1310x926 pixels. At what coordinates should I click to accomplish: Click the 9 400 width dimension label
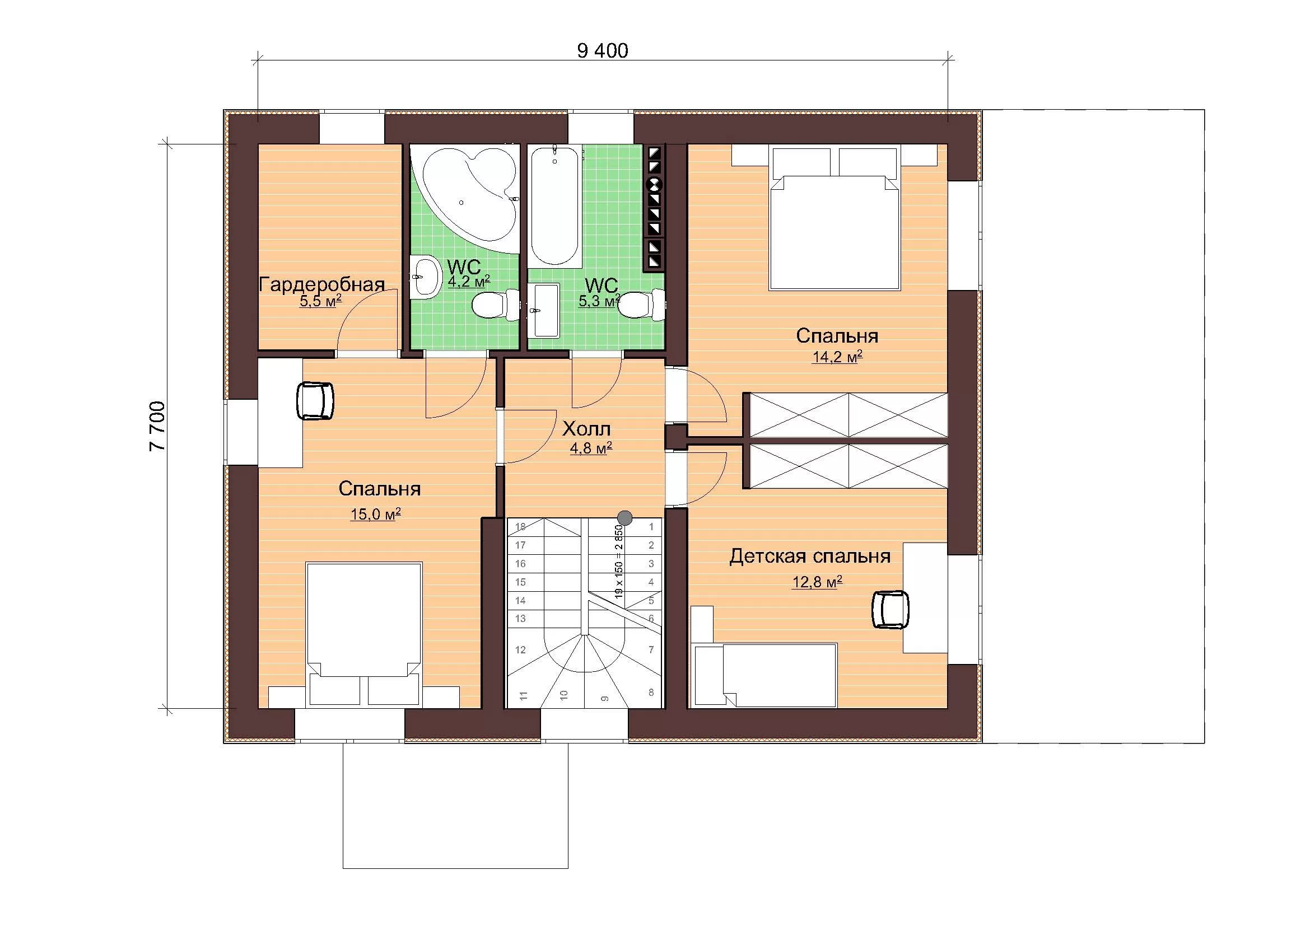coord(603,51)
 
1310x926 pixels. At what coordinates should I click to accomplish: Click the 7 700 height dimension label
coord(157,427)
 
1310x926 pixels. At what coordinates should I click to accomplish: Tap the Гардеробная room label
coord(322,284)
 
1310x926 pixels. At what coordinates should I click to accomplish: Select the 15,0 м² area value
coord(375,515)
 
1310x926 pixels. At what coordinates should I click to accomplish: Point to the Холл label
coord(586,428)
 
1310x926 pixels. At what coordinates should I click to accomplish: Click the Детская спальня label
coord(810,556)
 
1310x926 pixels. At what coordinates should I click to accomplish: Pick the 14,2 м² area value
coord(837,357)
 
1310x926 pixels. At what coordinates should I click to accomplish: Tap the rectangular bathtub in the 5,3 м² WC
coord(556,205)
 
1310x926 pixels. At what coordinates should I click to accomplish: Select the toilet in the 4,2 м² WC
coord(495,306)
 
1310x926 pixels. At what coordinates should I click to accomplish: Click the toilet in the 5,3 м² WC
coord(642,305)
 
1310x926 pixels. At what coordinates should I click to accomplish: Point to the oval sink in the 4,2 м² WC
coord(425,278)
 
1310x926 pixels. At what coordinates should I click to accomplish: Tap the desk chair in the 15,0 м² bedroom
coord(314,401)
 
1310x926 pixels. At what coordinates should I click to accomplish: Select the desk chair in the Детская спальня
coord(891,610)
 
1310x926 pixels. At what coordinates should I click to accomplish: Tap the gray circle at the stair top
coord(626,518)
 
